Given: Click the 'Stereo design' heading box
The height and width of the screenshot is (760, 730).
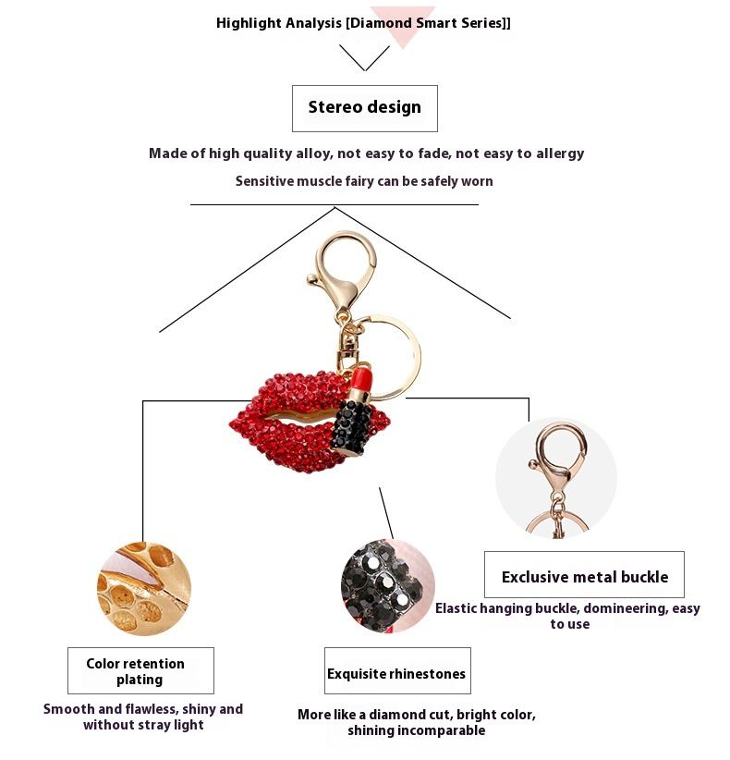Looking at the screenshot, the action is coord(365,108).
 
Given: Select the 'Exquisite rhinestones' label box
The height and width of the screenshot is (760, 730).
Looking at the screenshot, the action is coord(397,671).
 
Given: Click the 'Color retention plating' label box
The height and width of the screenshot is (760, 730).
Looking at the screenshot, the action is coord(140,671).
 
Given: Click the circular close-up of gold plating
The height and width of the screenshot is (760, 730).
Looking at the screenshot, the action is coord(144,588).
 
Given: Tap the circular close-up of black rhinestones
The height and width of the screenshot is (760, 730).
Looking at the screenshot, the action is coord(387,585).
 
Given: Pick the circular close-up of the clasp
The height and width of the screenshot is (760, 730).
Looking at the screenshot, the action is coord(555,478).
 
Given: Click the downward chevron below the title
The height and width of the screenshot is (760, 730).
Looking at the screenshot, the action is coord(365,58).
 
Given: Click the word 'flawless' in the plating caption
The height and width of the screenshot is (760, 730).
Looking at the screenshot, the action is coord(147,709).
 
